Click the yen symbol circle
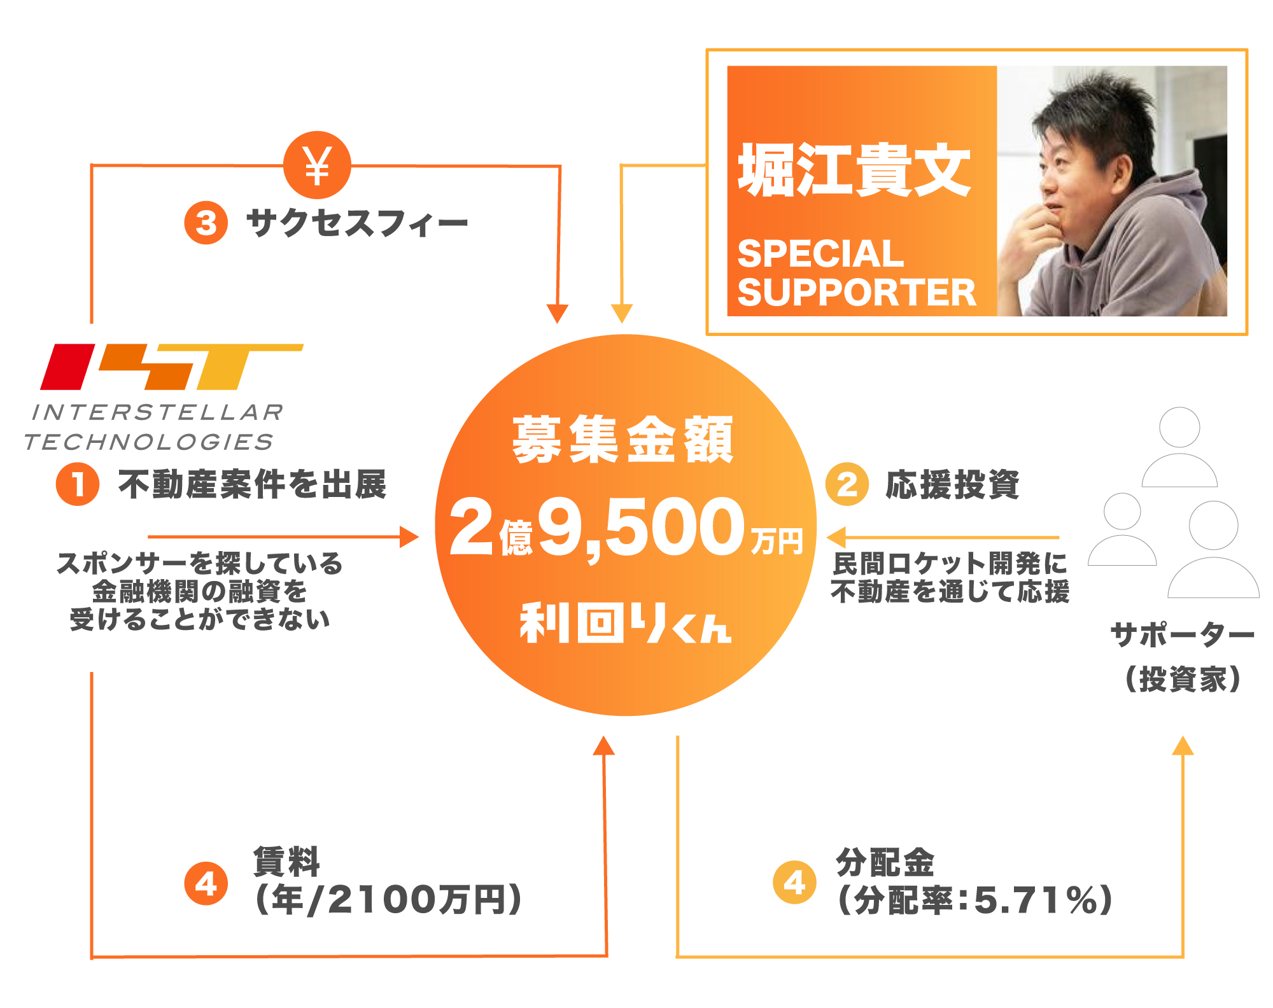pyautogui.click(x=317, y=165)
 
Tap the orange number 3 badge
pyautogui.click(x=206, y=223)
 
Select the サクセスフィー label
pyautogui.click(x=357, y=223)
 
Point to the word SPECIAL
pyautogui.click(x=820, y=253)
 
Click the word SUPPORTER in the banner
pyautogui.click(x=856, y=293)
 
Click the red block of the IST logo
pyautogui.click(x=67, y=367)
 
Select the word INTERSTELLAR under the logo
pyautogui.click(x=158, y=412)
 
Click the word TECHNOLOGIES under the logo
pyautogui.click(x=149, y=442)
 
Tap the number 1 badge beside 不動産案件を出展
pyautogui.click(x=78, y=484)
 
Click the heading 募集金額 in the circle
pyautogui.click(x=623, y=440)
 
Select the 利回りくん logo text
pyautogui.click(x=626, y=623)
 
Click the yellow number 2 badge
pyautogui.click(x=847, y=484)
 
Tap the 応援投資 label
pyautogui.click(x=952, y=485)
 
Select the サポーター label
pyautogui.click(x=1182, y=635)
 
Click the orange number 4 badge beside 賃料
pyautogui.click(x=206, y=883)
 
